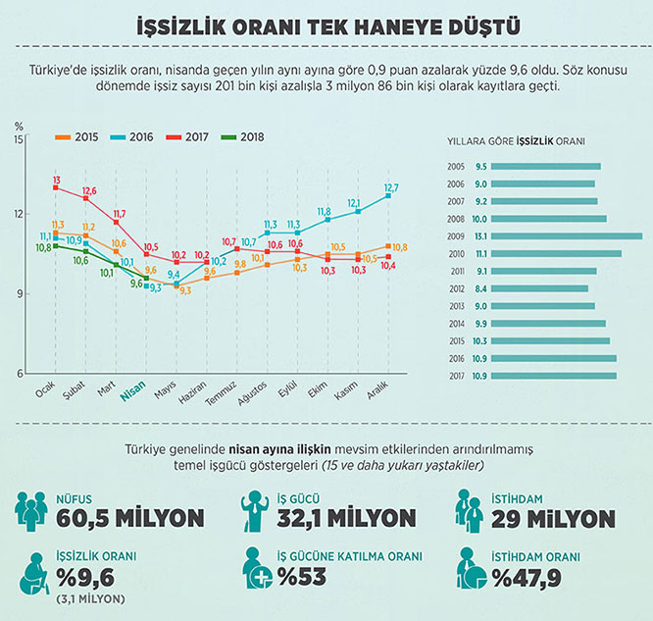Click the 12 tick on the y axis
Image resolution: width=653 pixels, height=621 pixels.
[x=19, y=214]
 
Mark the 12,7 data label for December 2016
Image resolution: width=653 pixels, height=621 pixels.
[x=392, y=187]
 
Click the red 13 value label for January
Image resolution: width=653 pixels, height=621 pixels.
[x=57, y=180]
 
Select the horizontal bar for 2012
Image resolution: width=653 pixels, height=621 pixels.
[x=538, y=288]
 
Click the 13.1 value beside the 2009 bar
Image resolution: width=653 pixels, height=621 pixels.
[x=480, y=235]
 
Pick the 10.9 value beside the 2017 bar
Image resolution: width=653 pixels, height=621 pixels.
[x=480, y=376]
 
